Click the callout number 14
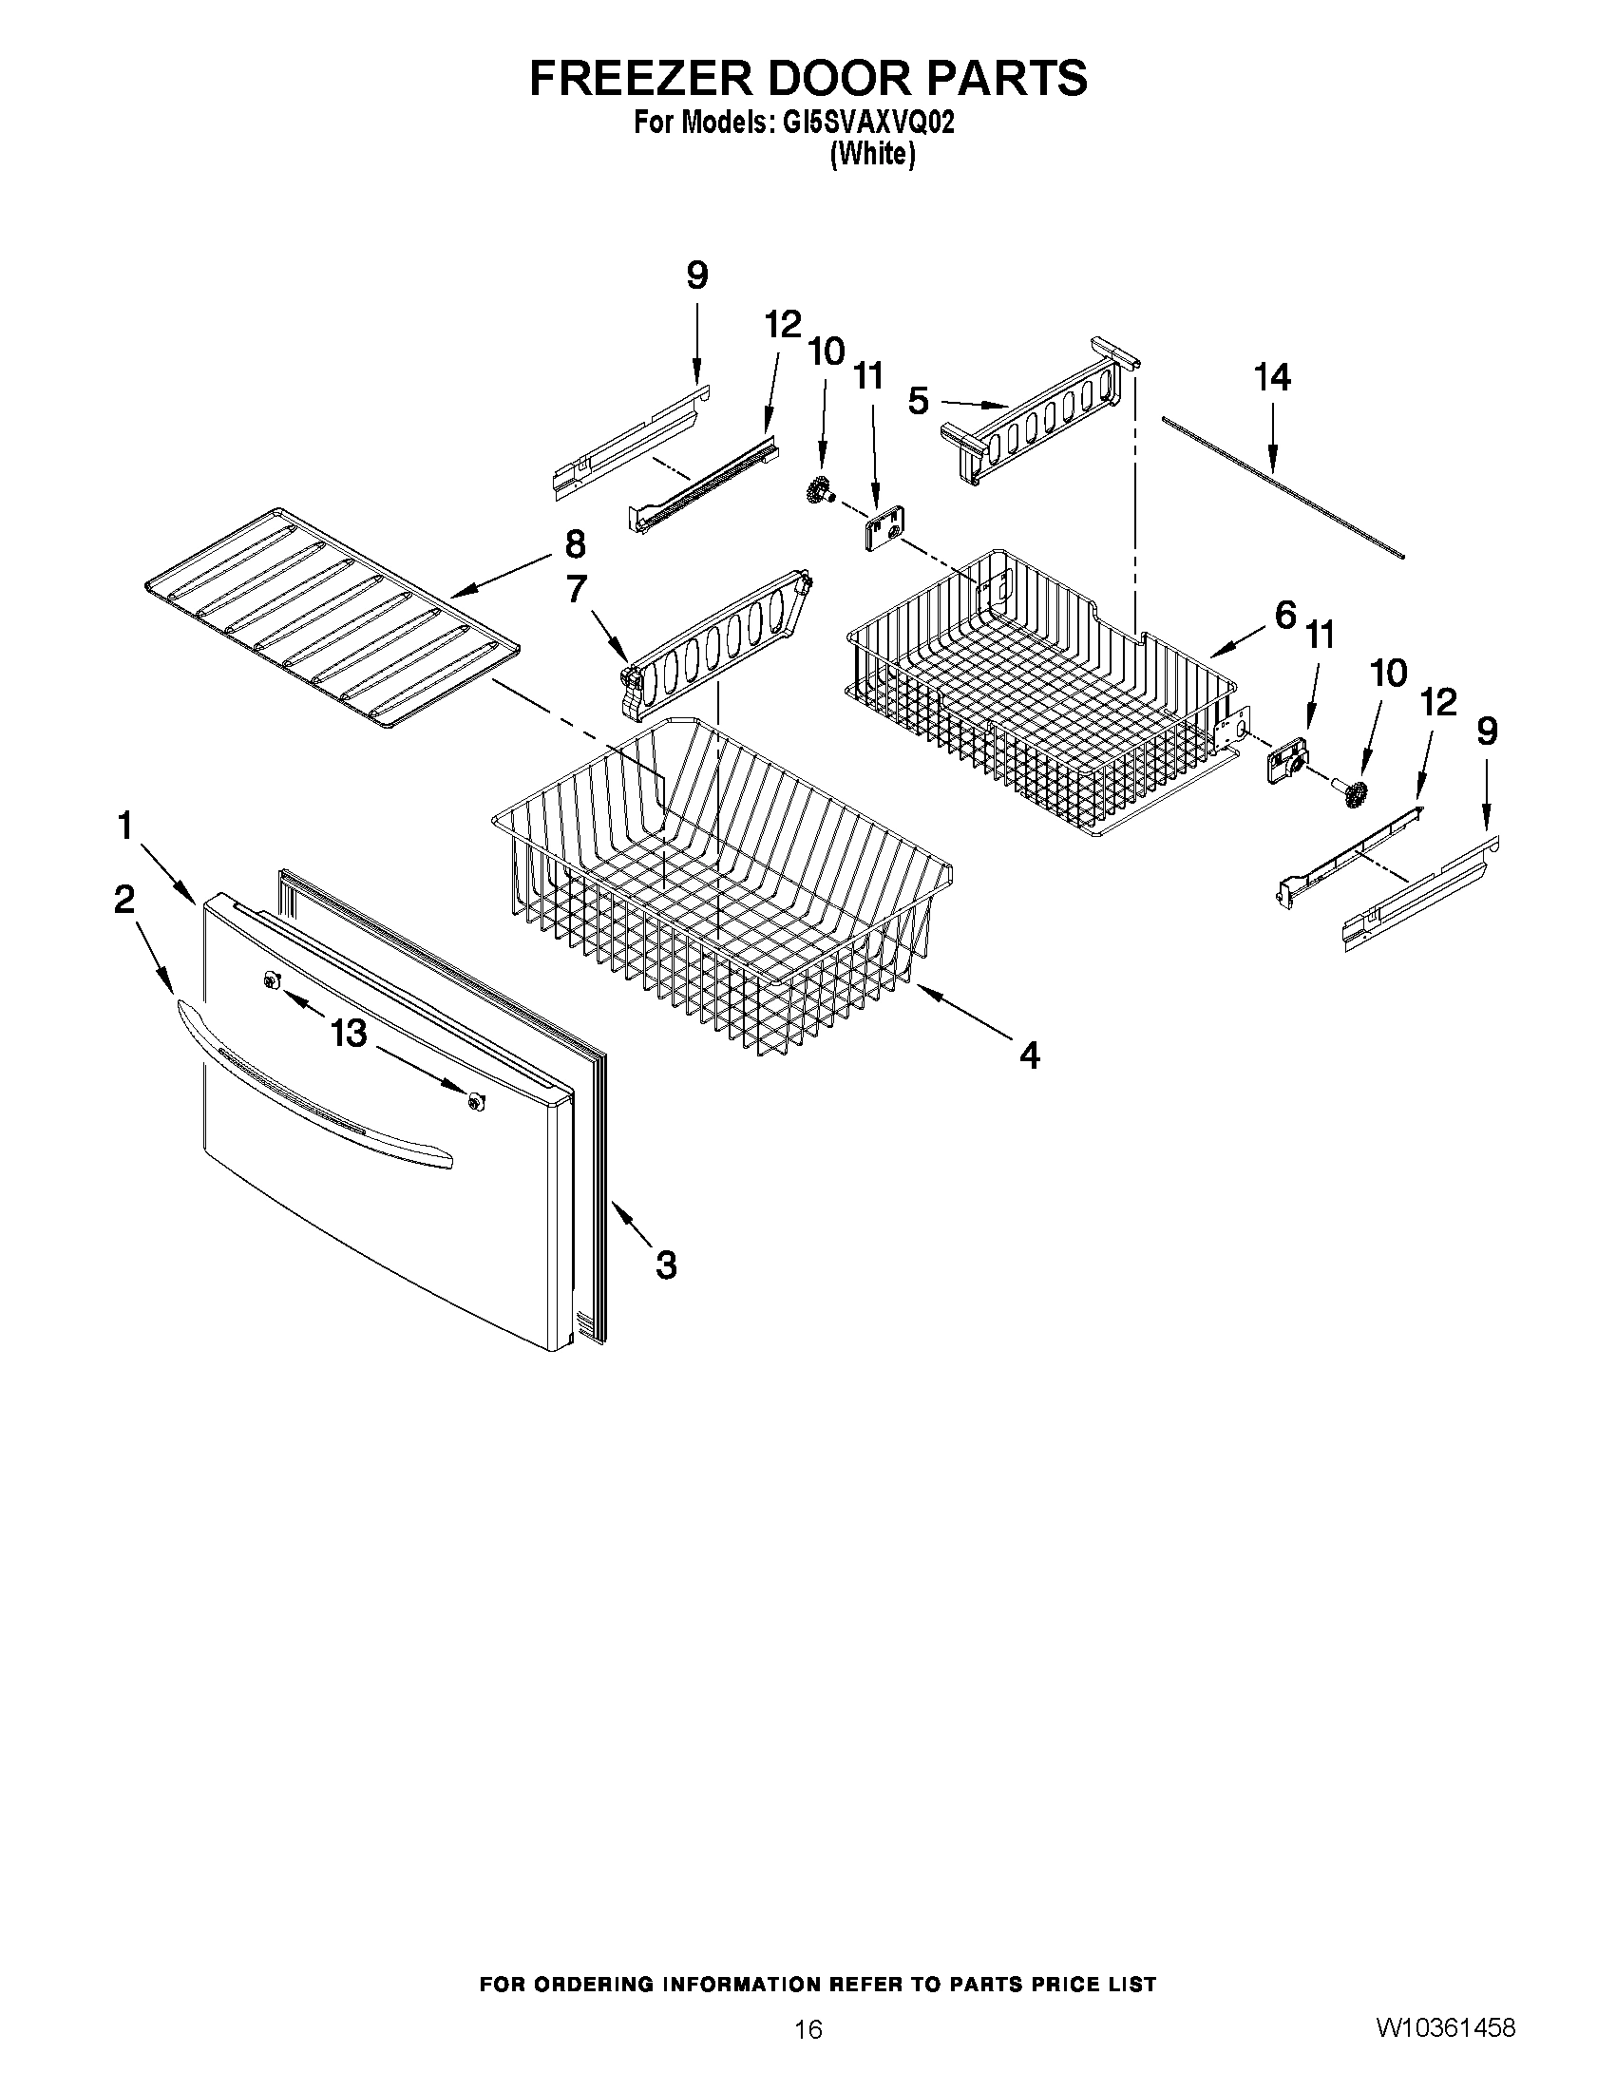tap(1272, 377)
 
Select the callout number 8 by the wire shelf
tap(575, 543)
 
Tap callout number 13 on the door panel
tap(350, 1033)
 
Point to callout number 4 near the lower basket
tap(1029, 1055)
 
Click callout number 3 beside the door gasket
tap(666, 1264)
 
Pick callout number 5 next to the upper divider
tap(918, 401)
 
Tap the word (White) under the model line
tap(872, 154)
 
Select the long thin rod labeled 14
tap(1283, 486)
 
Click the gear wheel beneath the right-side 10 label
tap(1353, 792)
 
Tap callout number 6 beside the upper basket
tap(1284, 613)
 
